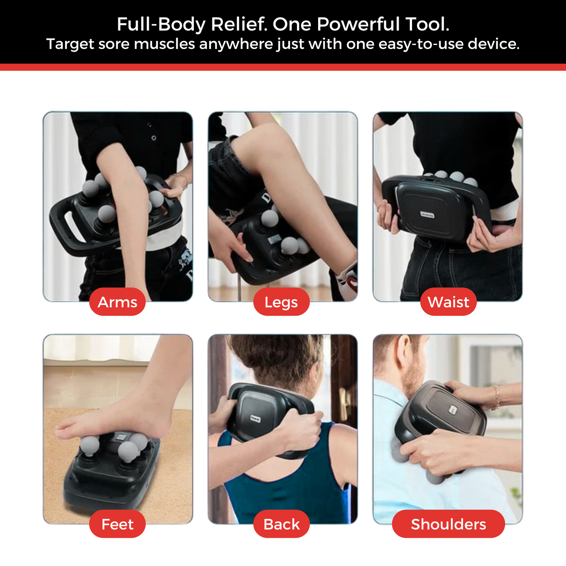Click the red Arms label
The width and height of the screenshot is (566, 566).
click(117, 302)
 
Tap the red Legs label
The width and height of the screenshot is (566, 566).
click(281, 302)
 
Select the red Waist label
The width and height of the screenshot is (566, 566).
click(448, 302)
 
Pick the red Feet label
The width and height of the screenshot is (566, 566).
click(117, 524)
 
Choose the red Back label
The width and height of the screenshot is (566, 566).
click(281, 524)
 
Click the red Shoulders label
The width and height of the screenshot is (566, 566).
click(448, 524)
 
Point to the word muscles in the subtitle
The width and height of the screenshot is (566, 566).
click(164, 44)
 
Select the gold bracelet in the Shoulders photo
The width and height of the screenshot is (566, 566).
click(496, 396)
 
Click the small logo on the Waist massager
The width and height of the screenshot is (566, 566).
click(427, 214)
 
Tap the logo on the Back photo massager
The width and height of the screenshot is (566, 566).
click(255, 418)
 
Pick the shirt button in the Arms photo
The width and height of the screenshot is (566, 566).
click(154, 138)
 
